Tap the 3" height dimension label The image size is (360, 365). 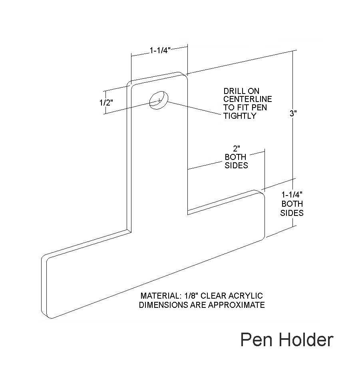[x=294, y=113]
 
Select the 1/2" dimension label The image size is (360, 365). [x=106, y=102]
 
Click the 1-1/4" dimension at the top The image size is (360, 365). [x=160, y=50]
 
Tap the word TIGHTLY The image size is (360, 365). [x=240, y=116]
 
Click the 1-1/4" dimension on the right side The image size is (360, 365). [x=292, y=195]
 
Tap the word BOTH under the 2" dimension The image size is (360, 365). [x=236, y=157]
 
